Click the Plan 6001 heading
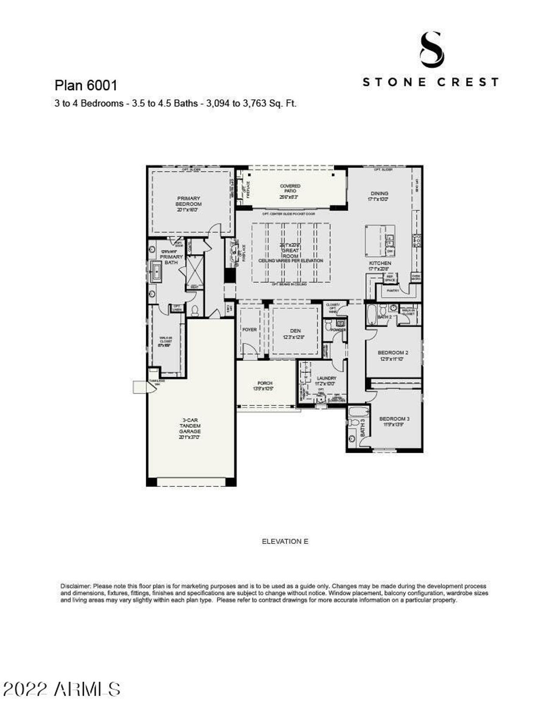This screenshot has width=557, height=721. (x=86, y=85)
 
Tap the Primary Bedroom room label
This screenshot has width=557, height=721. (x=188, y=204)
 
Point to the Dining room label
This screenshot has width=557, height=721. (x=379, y=196)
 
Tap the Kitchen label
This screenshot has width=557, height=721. (x=380, y=265)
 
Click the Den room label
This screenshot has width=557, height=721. (x=295, y=333)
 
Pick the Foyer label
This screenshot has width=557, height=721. (x=249, y=329)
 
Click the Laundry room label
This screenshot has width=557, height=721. (x=326, y=381)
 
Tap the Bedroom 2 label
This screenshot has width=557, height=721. (x=393, y=355)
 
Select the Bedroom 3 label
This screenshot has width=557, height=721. (x=394, y=421)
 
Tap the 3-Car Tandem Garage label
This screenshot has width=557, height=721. (x=190, y=428)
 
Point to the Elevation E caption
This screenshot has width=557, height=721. (x=285, y=541)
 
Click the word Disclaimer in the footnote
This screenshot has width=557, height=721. (x=76, y=586)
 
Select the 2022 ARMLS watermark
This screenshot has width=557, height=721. (x=61, y=689)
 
